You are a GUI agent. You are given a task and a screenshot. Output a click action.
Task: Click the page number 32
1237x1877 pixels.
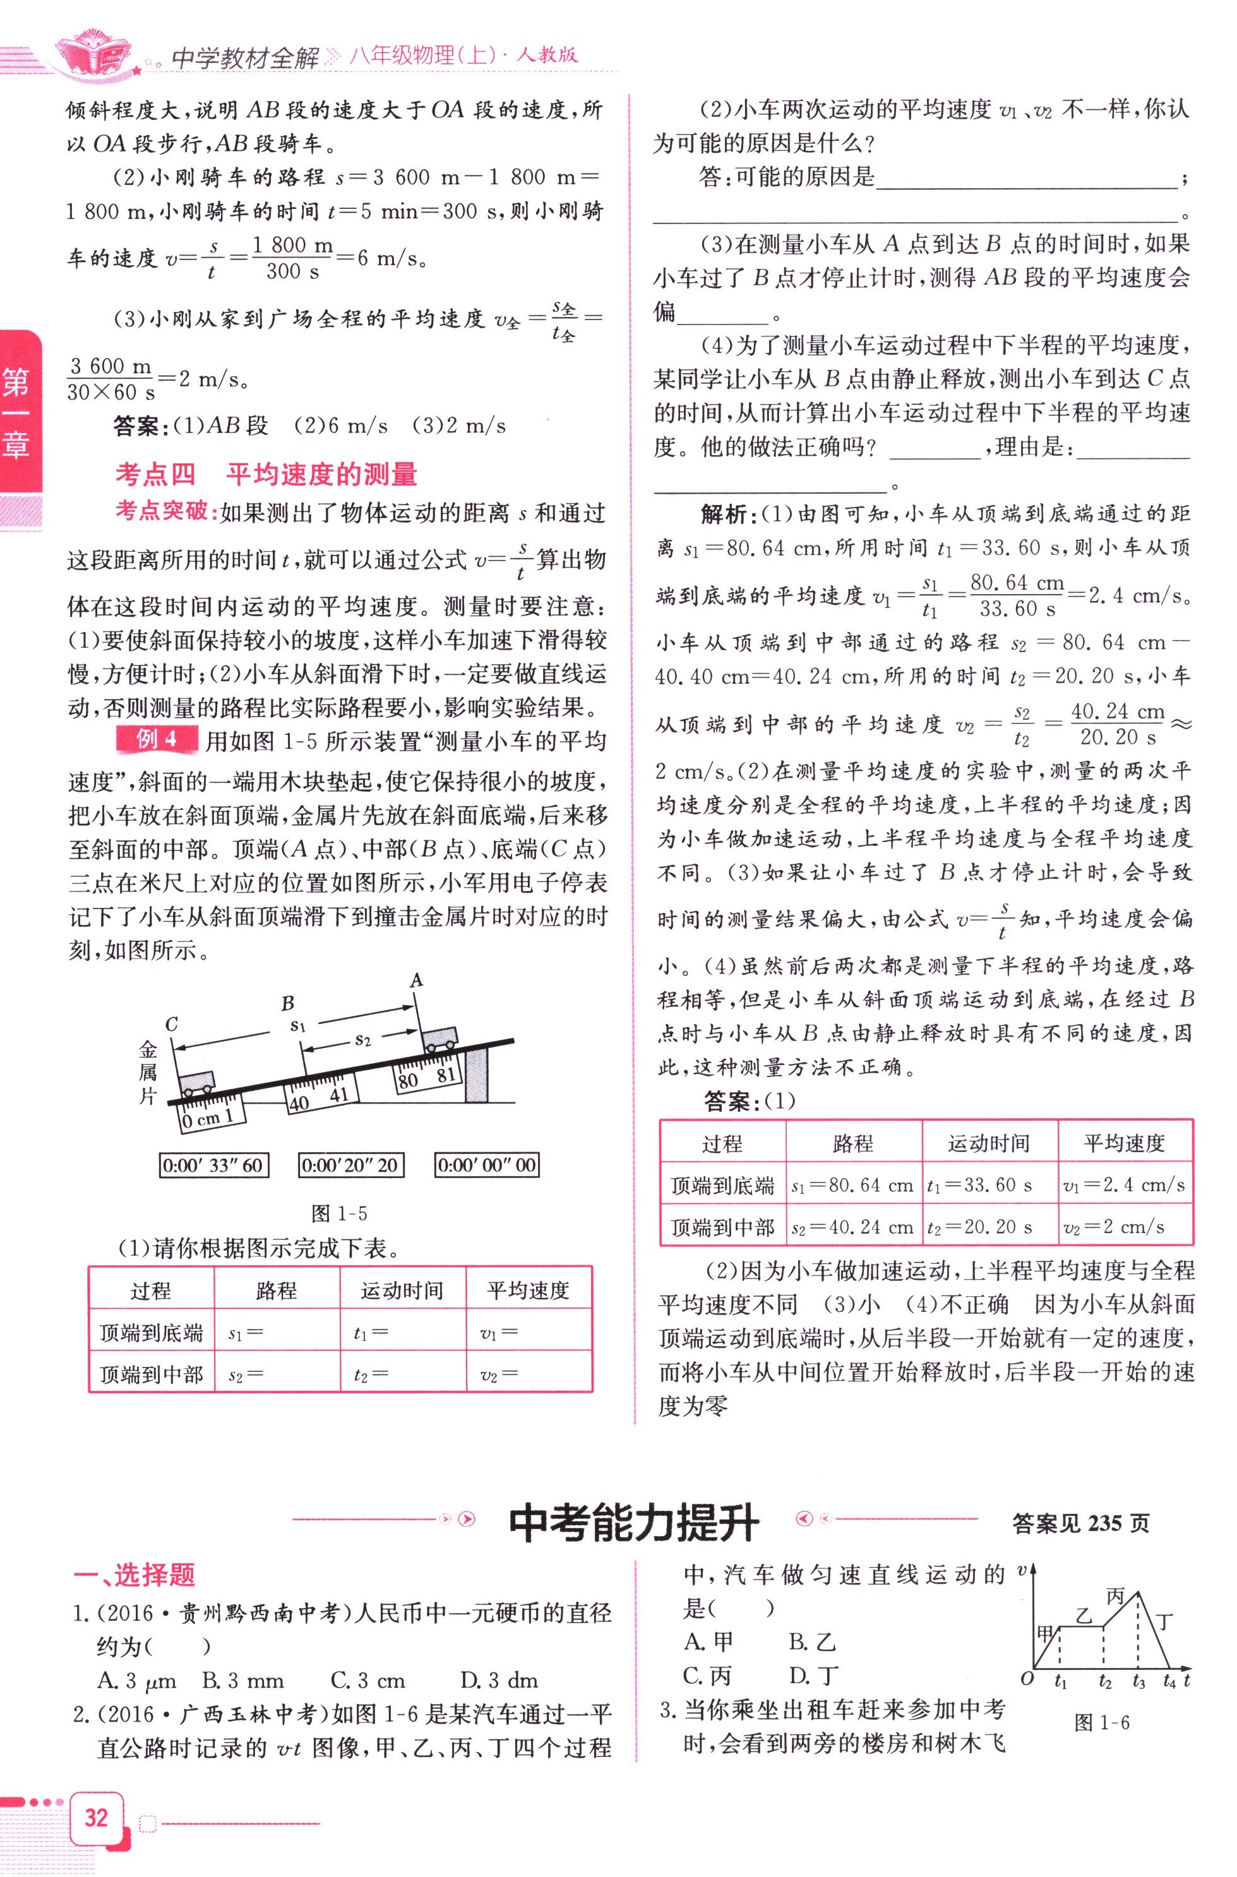click(96, 1818)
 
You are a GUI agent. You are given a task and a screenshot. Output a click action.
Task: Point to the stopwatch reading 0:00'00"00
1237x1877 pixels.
click(487, 1165)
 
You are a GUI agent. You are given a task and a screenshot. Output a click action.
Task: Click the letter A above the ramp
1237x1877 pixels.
click(417, 980)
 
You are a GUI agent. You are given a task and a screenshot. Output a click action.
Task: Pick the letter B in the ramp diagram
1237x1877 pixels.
click(288, 1003)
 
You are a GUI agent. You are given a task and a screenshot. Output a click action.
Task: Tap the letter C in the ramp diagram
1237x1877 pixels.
click(171, 1025)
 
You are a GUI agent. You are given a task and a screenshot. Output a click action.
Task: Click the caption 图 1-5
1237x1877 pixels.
click(339, 1213)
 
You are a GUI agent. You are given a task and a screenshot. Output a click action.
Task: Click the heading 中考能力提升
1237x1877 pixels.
click(633, 1523)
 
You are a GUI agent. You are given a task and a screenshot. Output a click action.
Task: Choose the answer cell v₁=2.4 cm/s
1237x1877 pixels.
click(1123, 1185)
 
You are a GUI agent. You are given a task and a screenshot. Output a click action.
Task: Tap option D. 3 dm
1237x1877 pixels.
click(499, 1681)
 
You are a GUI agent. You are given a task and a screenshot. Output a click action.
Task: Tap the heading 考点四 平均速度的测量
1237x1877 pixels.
click(266, 475)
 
